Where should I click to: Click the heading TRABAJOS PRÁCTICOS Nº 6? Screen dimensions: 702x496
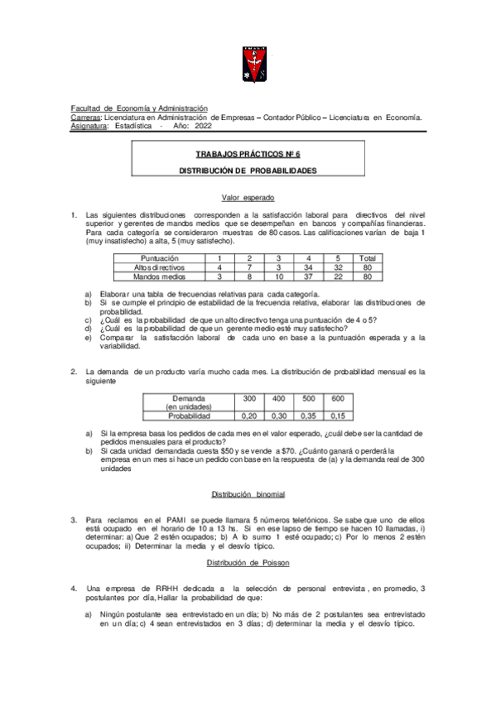pos(248,155)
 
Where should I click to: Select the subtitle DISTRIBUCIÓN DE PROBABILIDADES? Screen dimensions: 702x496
pos(248,171)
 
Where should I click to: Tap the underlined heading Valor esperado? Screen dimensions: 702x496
pos(248,198)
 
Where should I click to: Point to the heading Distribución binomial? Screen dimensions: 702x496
pos(248,494)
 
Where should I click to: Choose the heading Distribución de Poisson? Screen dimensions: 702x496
pos(248,563)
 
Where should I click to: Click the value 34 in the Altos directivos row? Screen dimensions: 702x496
pos(308,267)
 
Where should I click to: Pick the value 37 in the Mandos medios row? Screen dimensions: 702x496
pos(308,276)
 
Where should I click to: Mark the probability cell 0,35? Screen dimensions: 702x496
pos(309,416)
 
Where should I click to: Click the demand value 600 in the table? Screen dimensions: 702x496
pos(337,399)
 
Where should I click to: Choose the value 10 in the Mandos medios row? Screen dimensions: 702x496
pos(279,276)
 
